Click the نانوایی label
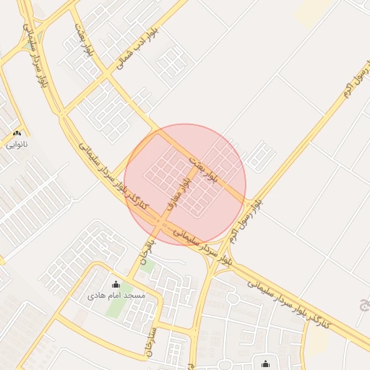click(x=16, y=145)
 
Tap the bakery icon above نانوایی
click(x=17, y=133)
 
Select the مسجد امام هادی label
click(x=116, y=296)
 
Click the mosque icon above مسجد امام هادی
click(x=116, y=284)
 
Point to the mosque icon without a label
click(x=266, y=363)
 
